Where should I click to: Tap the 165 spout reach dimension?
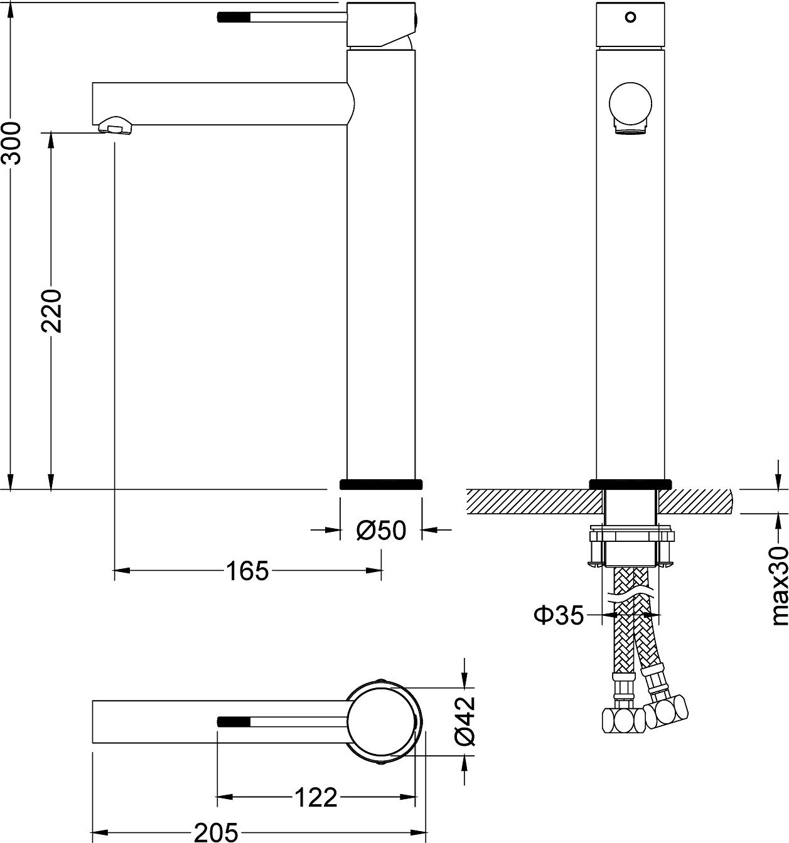coord(247,570)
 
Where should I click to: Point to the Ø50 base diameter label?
coord(381,531)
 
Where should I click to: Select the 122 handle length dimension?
coord(316,798)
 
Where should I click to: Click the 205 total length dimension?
coord(215,832)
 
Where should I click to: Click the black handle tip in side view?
coord(233,17)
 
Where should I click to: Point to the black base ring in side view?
coord(381,484)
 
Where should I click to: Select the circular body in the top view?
coord(383,721)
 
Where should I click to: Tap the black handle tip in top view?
coord(233,721)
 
